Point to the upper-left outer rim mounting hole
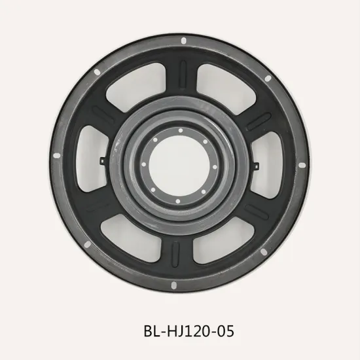pos(96,71)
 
